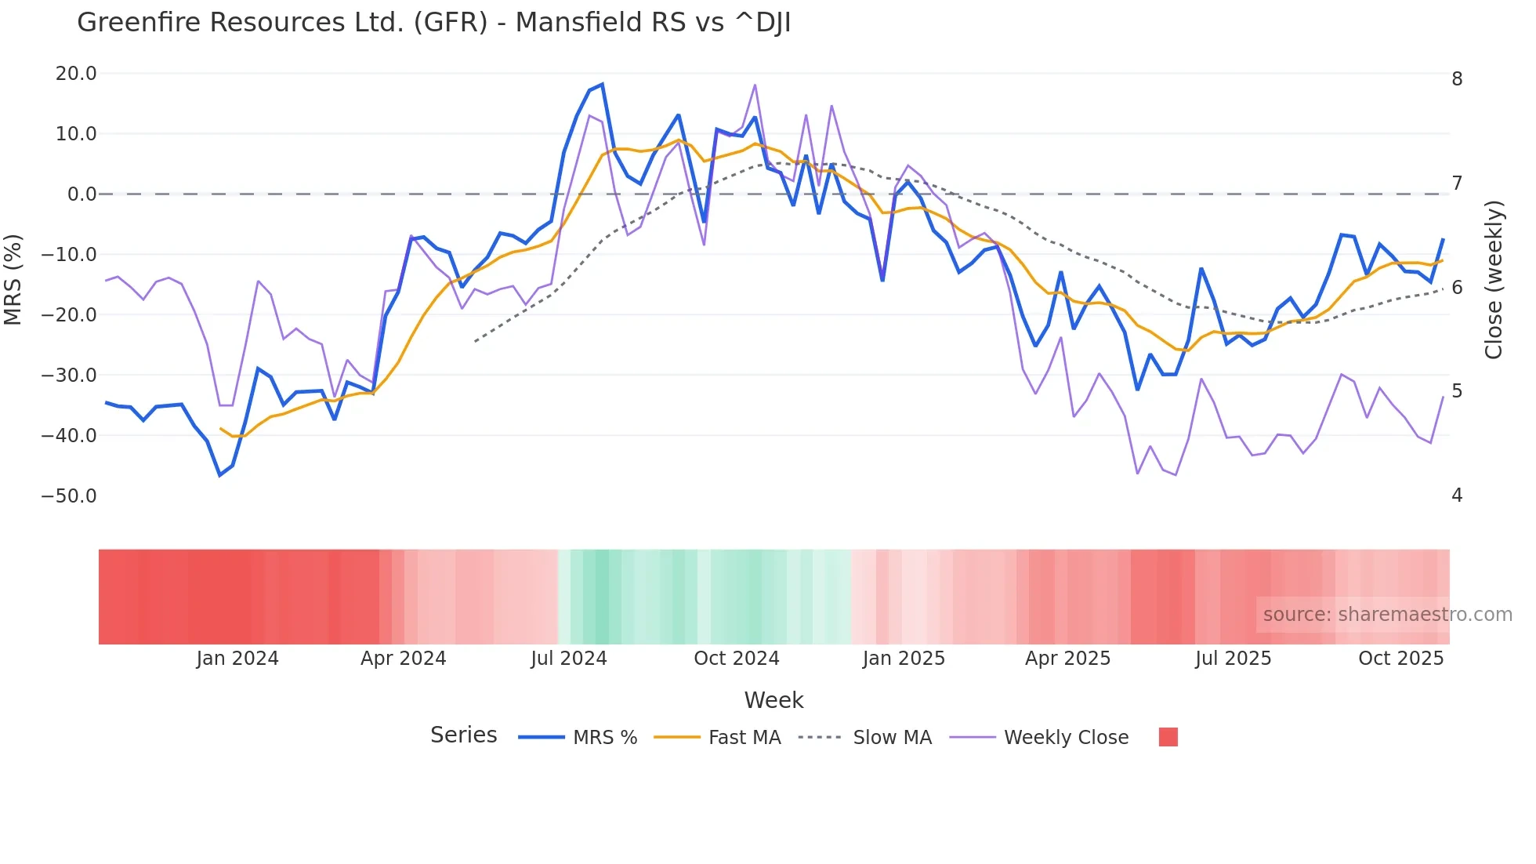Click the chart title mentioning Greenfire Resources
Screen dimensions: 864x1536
tap(433, 23)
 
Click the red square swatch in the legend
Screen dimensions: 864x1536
tap(1168, 737)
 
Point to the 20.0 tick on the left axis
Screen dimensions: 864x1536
tap(76, 74)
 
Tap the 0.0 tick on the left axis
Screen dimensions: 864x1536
tap(82, 194)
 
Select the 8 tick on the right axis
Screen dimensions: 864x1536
tap(1457, 79)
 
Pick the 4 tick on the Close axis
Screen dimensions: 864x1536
tap(1457, 496)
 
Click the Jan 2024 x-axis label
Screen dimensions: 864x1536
tap(237, 659)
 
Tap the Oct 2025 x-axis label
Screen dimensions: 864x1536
tap(1400, 659)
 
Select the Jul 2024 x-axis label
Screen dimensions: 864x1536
tap(569, 659)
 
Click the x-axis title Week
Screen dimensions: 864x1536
tap(773, 700)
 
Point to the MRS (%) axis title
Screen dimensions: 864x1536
tap(13, 280)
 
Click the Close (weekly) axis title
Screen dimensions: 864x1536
tap(1494, 280)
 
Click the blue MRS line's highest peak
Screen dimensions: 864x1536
tap(602, 84)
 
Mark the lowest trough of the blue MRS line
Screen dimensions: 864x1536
tap(219, 475)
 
